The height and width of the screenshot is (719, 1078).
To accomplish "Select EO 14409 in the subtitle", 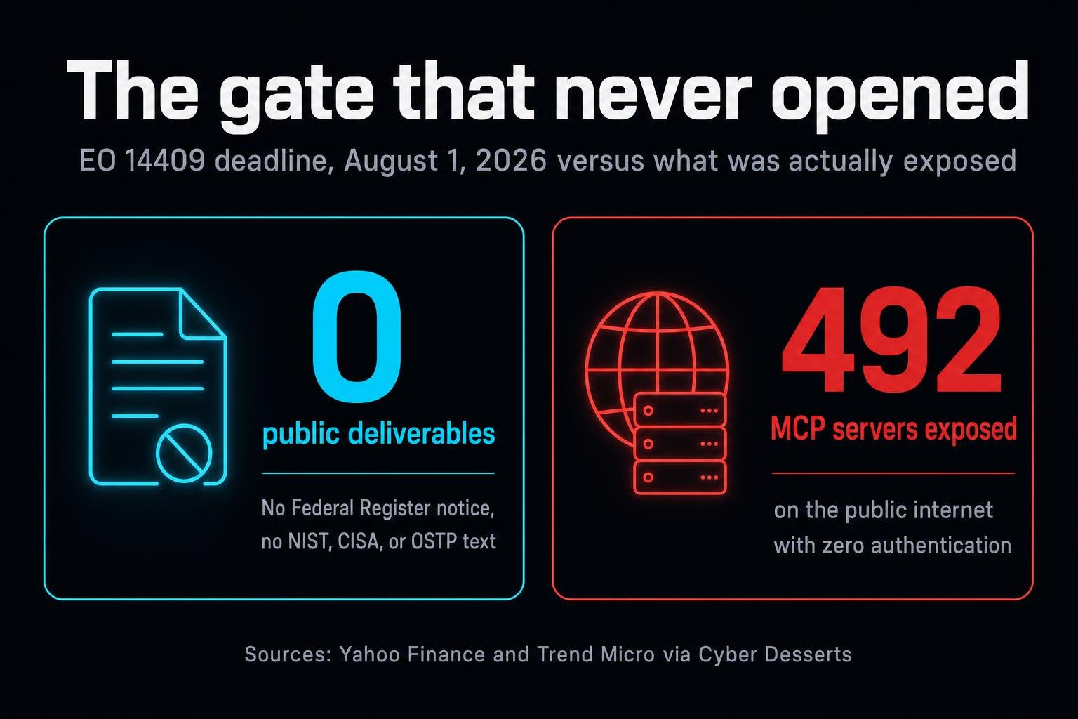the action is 142,160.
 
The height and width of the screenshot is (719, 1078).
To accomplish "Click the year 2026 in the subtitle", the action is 511,160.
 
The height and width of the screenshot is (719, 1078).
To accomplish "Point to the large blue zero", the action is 356,336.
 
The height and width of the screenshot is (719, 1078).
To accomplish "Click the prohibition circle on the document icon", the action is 184,454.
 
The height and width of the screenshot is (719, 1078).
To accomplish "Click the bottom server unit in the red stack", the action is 680,477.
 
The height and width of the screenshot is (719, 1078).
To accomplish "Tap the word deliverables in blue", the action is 421,433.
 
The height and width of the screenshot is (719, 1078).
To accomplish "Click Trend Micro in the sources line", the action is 596,654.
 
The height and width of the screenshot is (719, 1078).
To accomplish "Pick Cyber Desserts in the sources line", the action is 775,654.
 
